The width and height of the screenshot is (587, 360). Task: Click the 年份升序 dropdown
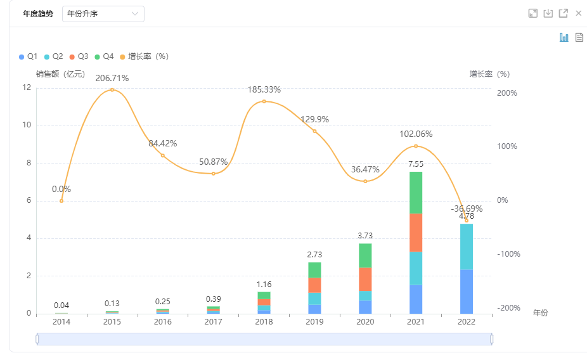[x=103, y=14]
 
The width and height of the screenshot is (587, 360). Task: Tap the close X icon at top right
[x=578, y=13]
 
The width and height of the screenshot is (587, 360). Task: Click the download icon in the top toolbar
[x=548, y=13]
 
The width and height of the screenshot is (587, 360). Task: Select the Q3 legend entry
[x=79, y=56]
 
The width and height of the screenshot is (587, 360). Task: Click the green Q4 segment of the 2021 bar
[x=416, y=193]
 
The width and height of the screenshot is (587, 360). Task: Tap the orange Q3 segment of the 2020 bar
[x=365, y=279]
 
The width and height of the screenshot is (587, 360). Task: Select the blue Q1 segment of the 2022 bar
[x=467, y=292]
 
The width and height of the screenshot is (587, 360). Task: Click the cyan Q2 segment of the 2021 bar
[x=416, y=268]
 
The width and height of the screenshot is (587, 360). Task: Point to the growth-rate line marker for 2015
[x=112, y=90]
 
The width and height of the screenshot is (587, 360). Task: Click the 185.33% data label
[x=264, y=89]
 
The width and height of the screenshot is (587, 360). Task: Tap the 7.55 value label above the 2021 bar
[x=416, y=164]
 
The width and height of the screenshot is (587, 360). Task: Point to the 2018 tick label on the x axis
[x=264, y=322]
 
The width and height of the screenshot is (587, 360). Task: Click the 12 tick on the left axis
[x=27, y=87]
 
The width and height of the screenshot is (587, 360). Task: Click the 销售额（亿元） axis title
[x=60, y=74]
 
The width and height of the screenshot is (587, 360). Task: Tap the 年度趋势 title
[x=38, y=14]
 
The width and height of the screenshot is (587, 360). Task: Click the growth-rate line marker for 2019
[x=314, y=131]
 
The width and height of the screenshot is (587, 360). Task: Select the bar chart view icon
[x=564, y=37]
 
